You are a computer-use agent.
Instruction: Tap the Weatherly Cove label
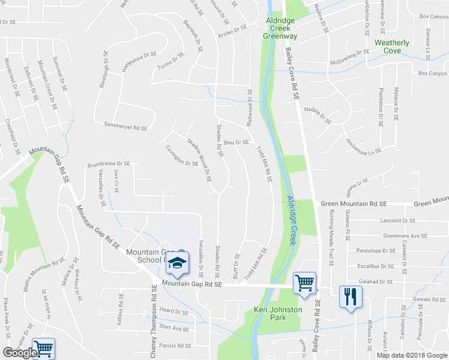(x=391, y=47)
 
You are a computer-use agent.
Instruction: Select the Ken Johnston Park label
(x=278, y=314)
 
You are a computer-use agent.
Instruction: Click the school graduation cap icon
(x=177, y=263)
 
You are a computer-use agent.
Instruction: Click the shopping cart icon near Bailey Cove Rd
(x=304, y=283)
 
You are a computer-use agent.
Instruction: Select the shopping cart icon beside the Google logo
(x=44, y=348)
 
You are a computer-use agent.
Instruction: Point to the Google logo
(x=20, y=353)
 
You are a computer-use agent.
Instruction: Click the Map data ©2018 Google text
(x=412, y=355)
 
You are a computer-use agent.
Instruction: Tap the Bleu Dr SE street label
(x=237, y=142)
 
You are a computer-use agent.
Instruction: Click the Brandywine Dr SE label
(x=109, y=163)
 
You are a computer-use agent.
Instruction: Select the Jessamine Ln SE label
(x=364, y=145)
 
